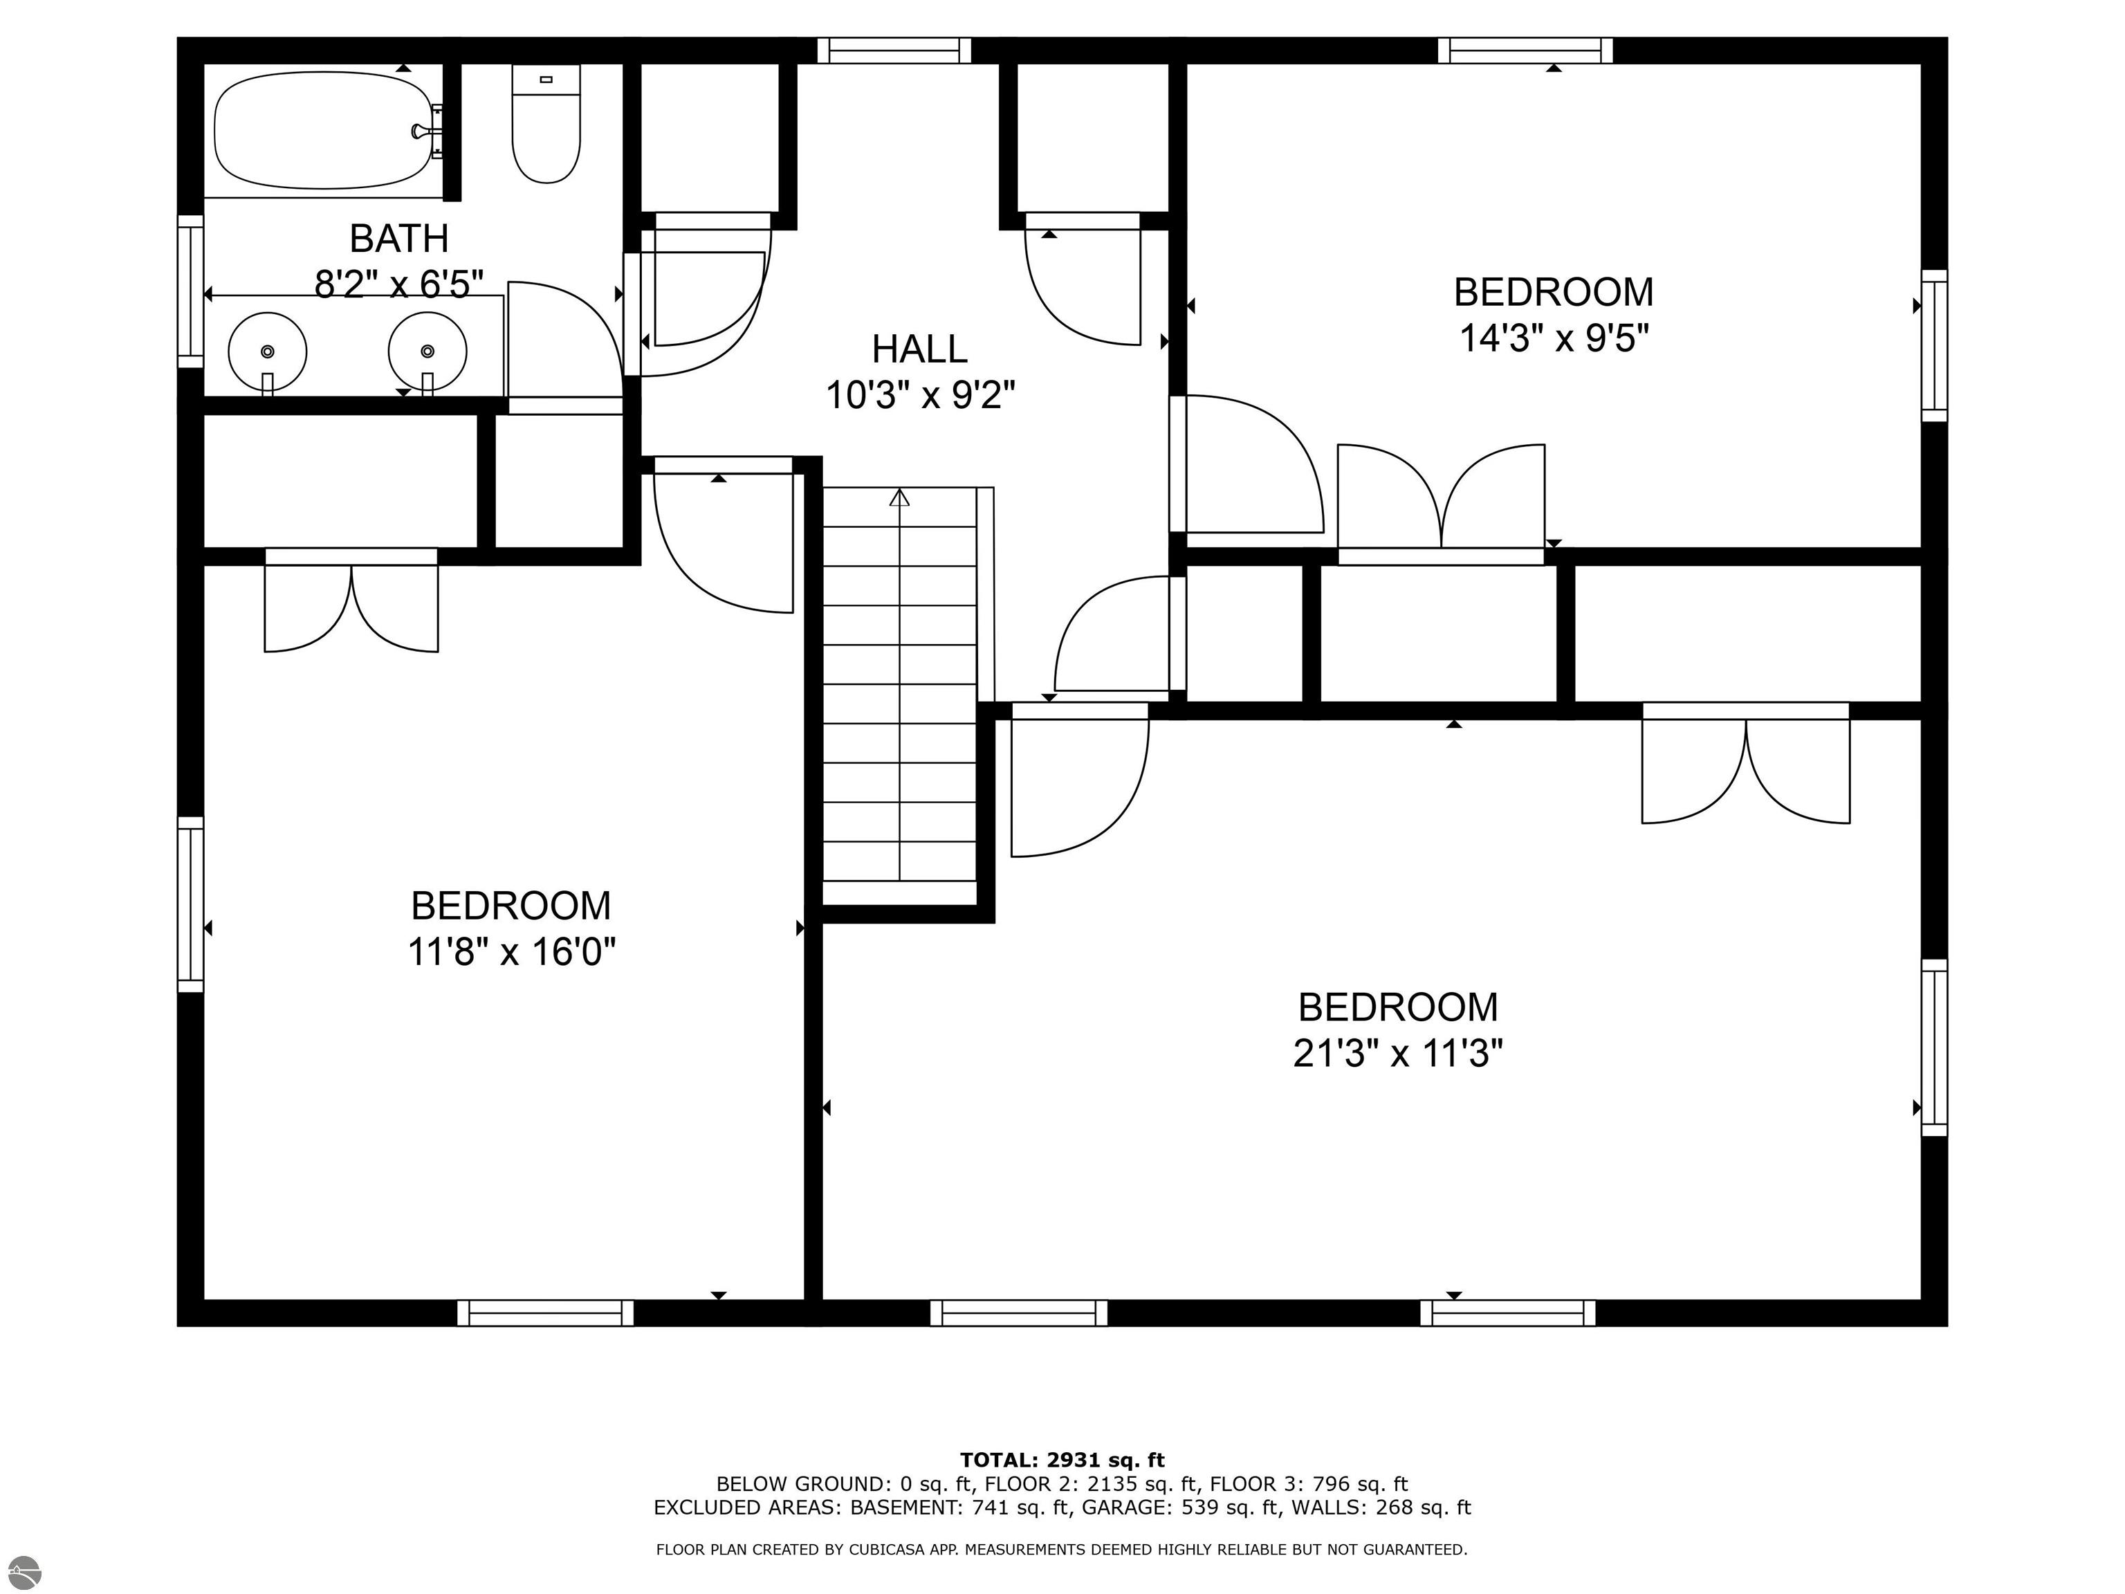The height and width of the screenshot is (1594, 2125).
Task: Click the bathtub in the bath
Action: pyautogui.click(x=323, y=133)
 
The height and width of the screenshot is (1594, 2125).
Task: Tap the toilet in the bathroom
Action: pyautogui.click(x=546, y=123)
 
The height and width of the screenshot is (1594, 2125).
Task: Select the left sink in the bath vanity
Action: pyautogui.click(x=268, y=351)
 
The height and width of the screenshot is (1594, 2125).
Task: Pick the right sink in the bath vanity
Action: pyautogui.click(x=427, y=351)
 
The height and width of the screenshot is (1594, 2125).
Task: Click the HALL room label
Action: pyautogui.click(x=919, y=349)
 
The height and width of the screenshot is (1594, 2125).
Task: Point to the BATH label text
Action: pyautogui.click(x=398, y=237)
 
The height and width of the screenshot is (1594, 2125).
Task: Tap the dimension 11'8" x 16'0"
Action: pyautogui.click(x=511, y=952)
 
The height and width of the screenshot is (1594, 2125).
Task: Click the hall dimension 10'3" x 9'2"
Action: pyautogui.click(x=920, y=395)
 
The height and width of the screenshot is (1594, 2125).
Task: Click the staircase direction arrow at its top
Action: pyautogui.click(x=899, y=497)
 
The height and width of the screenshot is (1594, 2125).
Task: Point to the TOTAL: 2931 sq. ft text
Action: pyautogui.click(x=1062, y=1460)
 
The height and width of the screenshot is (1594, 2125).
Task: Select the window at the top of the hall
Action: pyautogui.click(x=894, y=50)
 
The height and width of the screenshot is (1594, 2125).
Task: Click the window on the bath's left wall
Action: pyautogui.click(x=191, y=291)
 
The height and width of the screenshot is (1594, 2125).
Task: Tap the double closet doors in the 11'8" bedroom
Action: pyautogui.click(x=351, y=600)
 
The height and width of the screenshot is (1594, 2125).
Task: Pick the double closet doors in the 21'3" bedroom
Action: pyautogui.click(x=1745, y=763)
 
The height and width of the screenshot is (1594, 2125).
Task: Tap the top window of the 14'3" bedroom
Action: pyautogui.click(x=1525, y=50)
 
